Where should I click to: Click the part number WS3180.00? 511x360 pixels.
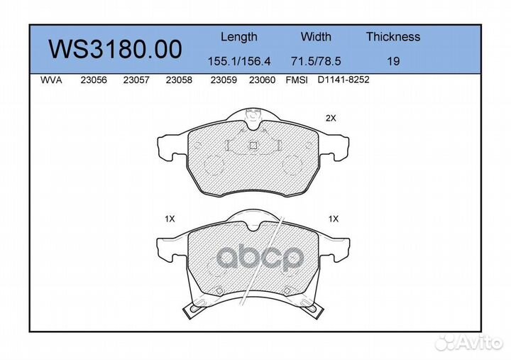[114, 49]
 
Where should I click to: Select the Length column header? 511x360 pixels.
[238, 37]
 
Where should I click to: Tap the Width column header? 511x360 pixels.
[316, 37]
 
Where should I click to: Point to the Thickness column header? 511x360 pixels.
[392, 37]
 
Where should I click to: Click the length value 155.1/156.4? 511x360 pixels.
[238, 61]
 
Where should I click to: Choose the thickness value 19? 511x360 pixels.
[392, 61]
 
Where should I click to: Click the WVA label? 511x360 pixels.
[53, 80]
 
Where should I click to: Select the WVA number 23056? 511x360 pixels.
[94, 80]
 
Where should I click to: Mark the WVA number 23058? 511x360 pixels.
[178, 80]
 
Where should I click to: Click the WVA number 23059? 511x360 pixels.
[224, 80]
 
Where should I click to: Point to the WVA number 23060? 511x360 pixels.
[262, 80]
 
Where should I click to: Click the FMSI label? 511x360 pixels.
[296, 80]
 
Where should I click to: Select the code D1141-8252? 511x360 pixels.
[344, 80]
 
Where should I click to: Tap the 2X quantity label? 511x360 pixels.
[330, 119]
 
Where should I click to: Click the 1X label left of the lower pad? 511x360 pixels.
[169, 220]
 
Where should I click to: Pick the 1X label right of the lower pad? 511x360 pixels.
[334, 220]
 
